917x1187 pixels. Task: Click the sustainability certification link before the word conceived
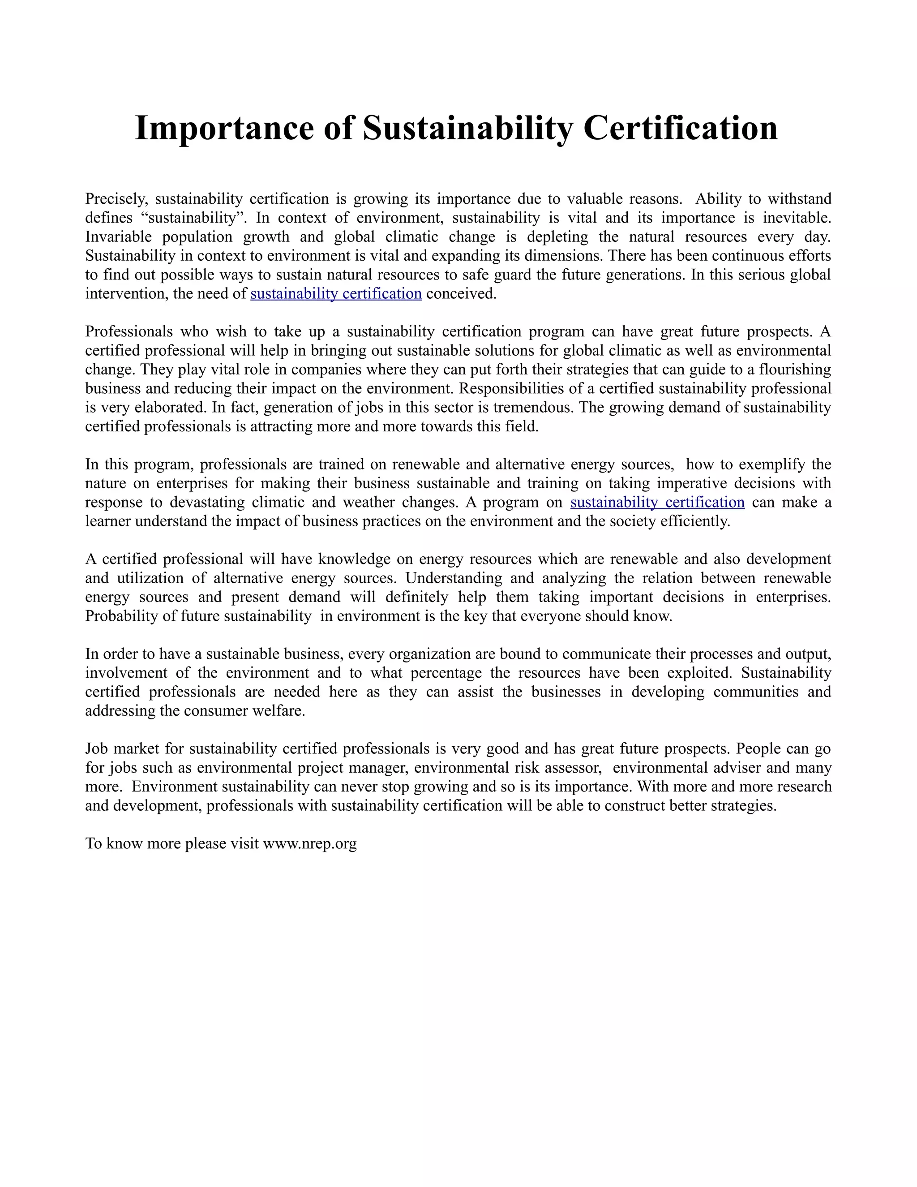click(336, 294)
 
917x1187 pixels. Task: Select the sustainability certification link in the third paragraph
click(657, 502)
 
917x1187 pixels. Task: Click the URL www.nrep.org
click(310, 843)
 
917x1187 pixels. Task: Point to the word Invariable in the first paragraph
click(120, 237)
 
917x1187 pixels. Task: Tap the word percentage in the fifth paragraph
click(446, 673)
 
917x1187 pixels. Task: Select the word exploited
click(699, 673)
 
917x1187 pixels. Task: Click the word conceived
click(461, 294)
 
